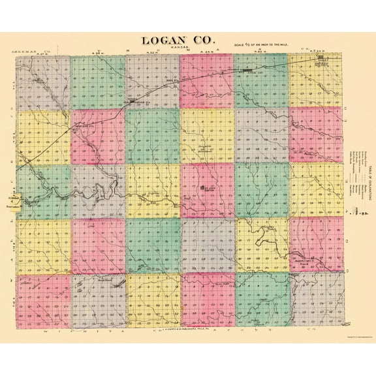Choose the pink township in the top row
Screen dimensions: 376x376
(206, 81)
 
